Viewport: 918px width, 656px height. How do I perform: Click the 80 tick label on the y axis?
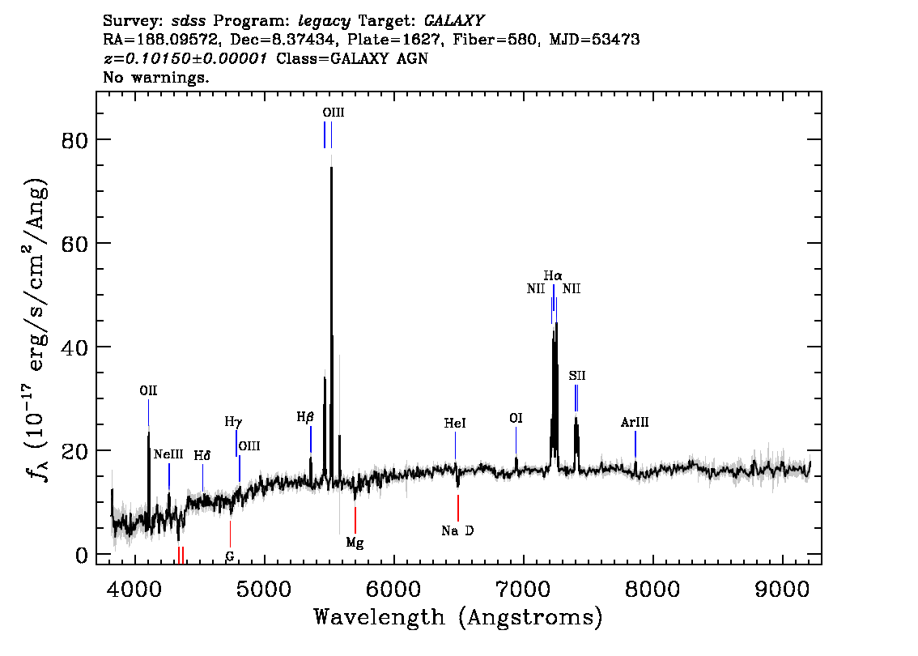74,140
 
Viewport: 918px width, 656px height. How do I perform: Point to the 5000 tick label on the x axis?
266,589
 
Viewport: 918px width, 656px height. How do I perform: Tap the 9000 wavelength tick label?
782,589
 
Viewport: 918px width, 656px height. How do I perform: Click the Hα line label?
553,275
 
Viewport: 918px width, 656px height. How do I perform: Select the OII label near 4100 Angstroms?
148,390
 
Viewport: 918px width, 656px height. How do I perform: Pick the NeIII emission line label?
168,454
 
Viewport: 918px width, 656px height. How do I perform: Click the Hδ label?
202,456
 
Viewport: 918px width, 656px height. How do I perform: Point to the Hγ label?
233,422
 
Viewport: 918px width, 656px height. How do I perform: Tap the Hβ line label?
305,417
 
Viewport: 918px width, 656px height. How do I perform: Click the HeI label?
455,423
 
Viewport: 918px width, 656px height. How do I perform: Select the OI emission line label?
516,418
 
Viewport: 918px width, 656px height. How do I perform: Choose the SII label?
576,376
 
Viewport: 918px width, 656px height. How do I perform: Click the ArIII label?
635,422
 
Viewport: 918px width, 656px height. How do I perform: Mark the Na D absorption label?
458,530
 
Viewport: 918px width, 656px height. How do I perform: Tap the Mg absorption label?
355,543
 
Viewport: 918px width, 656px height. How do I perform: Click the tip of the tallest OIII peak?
331,167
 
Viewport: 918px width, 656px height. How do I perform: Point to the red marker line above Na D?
458,508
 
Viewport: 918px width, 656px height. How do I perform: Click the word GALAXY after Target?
454,21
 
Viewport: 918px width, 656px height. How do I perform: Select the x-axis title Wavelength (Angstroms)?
458,617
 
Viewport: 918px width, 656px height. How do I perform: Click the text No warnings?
155,77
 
